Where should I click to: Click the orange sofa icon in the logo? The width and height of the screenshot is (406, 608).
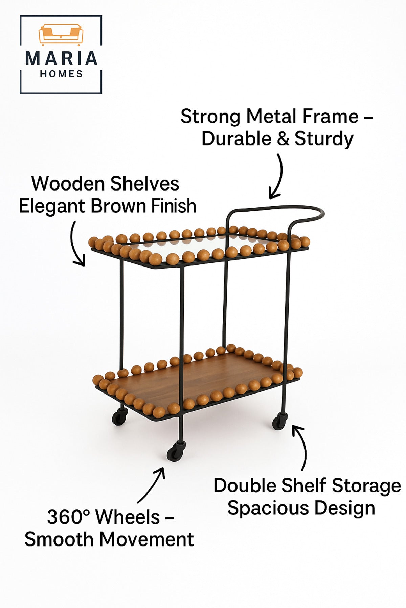point(61,35)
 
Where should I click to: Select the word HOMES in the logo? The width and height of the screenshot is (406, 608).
point(61,74)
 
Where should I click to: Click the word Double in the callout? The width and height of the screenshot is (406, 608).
point(244,486)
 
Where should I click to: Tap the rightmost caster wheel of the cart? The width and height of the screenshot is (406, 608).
point(280,421)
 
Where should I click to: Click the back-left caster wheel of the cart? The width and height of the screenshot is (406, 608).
point(120,416)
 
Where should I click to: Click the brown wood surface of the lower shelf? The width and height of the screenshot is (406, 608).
point(196,375)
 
